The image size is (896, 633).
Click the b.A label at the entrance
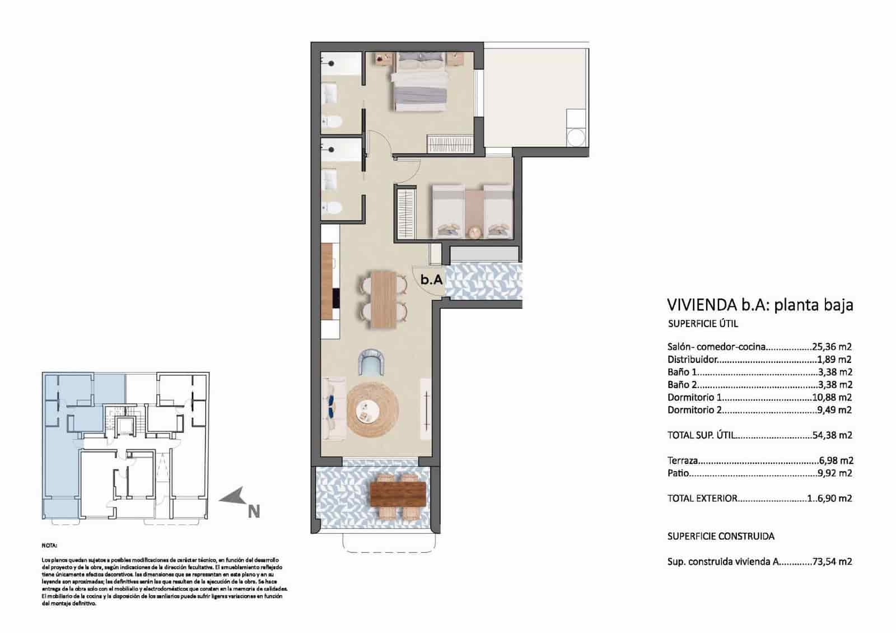(432, 279)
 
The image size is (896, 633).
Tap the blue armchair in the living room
(370, 362)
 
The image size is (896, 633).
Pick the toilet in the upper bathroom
(334, 120)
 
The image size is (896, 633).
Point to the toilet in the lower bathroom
(334, 208)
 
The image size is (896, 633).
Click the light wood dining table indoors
(384, 299)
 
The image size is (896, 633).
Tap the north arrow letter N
(254, 511)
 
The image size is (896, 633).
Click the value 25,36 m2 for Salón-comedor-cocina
(832, 347)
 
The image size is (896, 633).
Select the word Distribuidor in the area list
(692, 360)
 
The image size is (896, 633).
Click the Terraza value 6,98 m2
(835, 460)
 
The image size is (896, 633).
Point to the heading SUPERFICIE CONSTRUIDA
(721, 536)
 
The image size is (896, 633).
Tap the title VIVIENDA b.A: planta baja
(760, 305)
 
